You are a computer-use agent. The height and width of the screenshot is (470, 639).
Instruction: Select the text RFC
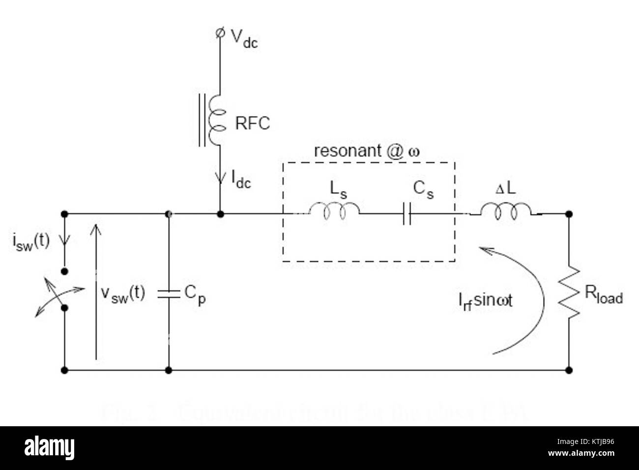click(252, 123)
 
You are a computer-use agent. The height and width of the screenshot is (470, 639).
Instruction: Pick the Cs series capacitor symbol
click(407, 214)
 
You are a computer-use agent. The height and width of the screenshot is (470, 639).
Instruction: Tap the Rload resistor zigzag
click(569, 294)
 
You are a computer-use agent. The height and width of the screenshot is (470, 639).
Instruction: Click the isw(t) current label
click(30, 242)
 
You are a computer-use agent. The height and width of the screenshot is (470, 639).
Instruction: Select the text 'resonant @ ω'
click(367, 151)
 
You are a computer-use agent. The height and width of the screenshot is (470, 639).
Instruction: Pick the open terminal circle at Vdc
click(220, 33)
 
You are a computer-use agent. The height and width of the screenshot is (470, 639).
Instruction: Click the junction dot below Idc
click(221, 214)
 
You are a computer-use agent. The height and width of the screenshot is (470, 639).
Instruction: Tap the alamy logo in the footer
click(49, 448)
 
